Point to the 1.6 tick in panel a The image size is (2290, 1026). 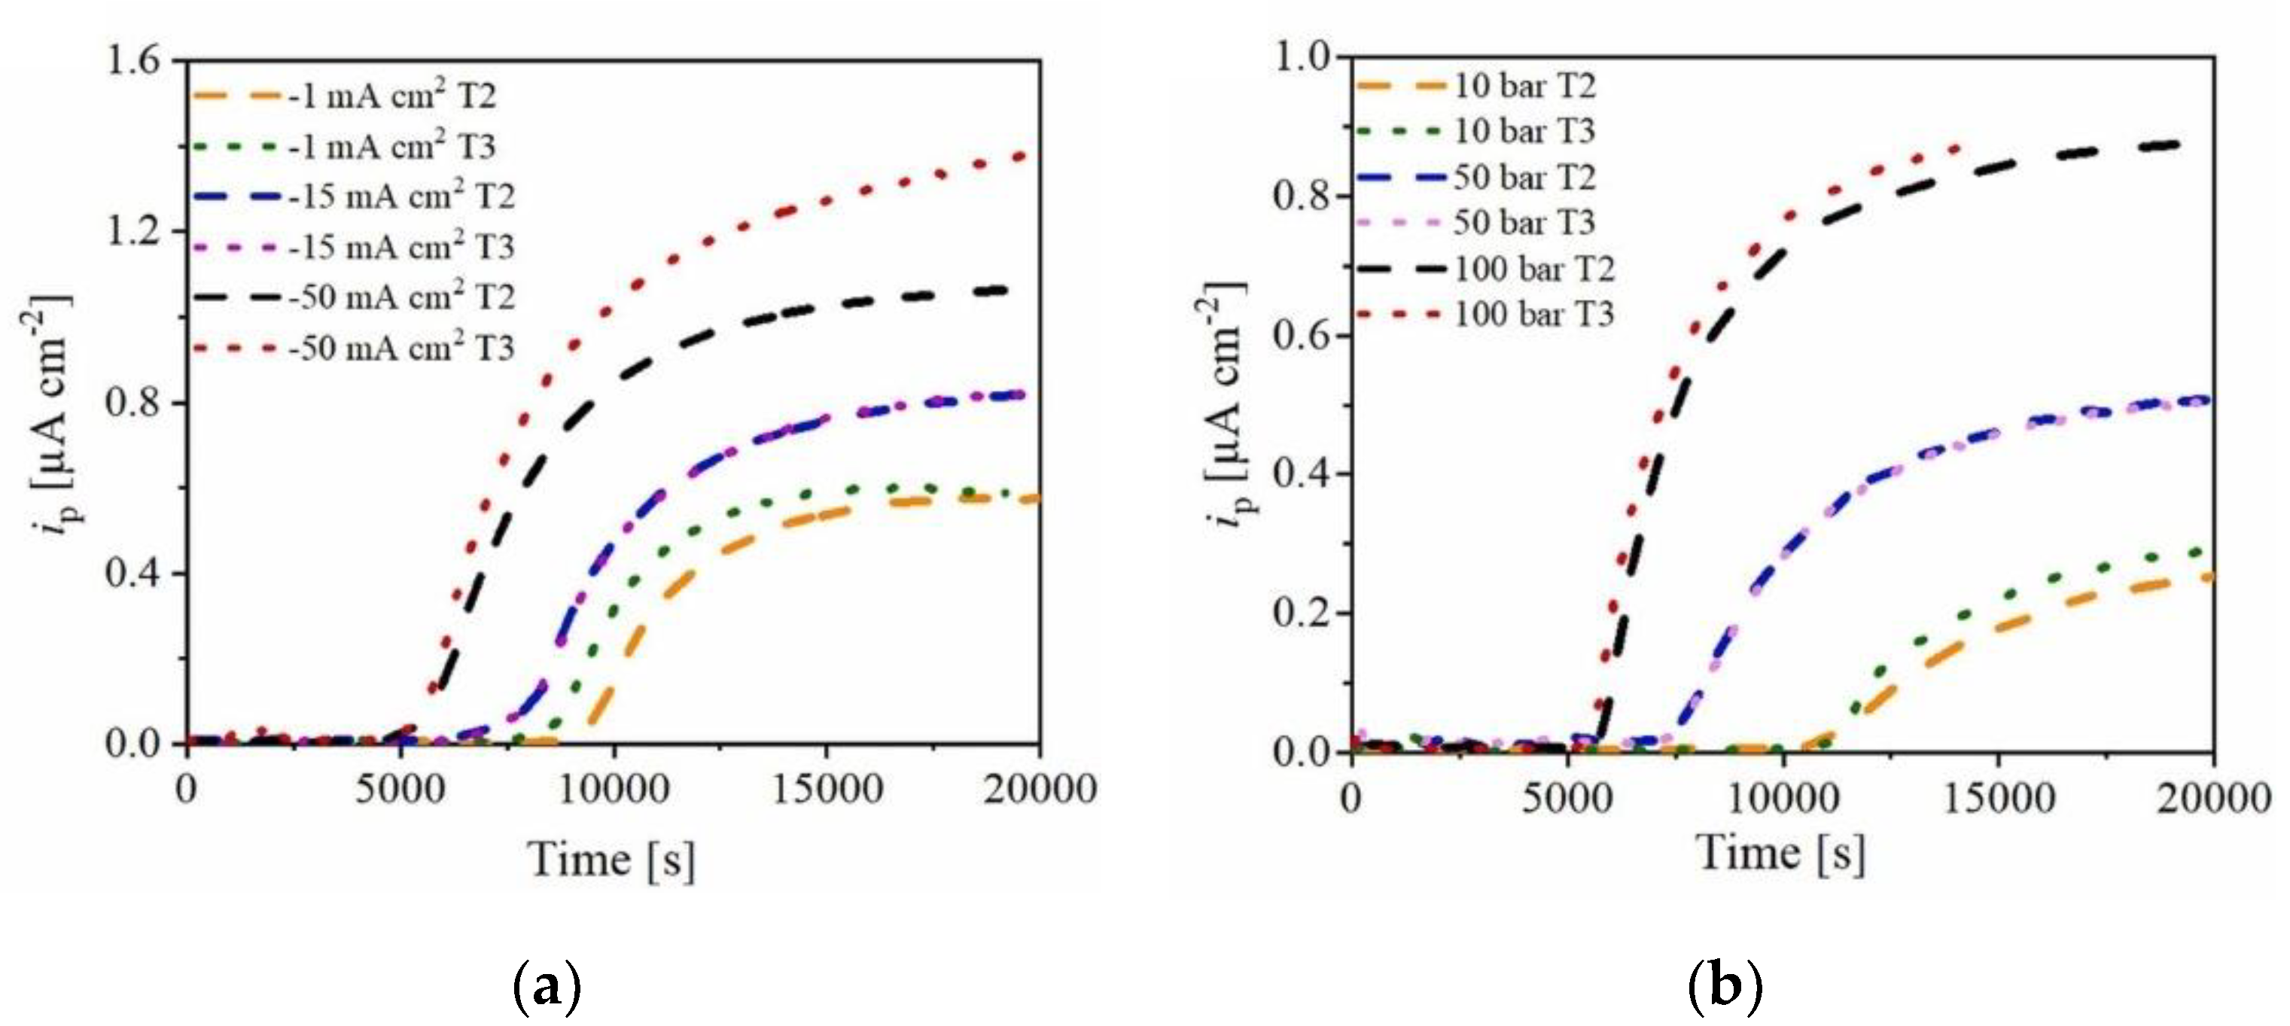[x=132, y=60]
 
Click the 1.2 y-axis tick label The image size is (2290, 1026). [x=132, y=231]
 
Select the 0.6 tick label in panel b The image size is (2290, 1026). [x=1303, y=335]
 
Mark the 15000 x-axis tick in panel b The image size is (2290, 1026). [x=1999, y=797]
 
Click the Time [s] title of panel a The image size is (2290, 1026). [x=611, y=860]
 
